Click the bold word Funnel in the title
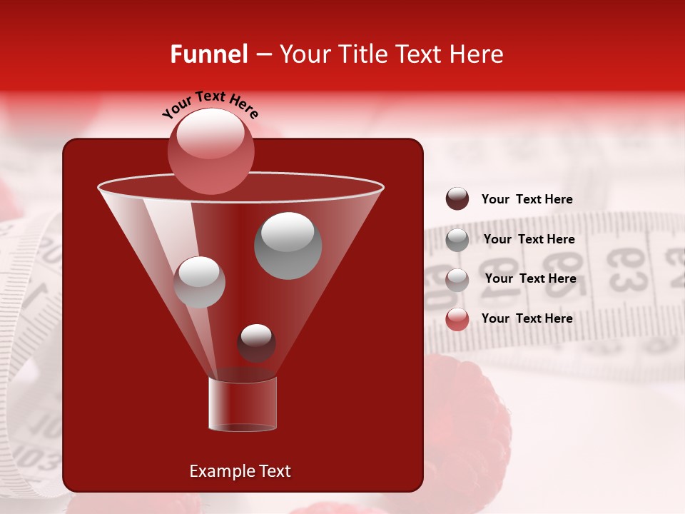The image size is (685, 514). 208,54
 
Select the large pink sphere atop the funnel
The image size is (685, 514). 211,151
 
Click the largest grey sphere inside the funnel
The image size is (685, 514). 288,246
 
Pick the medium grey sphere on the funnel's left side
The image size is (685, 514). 199,282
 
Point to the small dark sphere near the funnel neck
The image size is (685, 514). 256,343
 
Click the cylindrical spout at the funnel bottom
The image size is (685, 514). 243,404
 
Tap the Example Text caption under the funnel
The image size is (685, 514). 240,471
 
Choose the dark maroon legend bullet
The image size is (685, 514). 457,199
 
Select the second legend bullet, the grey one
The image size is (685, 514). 457,240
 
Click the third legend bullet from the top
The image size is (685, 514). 457,280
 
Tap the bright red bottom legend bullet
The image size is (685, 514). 457,319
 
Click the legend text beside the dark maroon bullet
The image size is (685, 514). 527,200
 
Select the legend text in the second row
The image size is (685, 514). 529,239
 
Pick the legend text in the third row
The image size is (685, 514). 530,278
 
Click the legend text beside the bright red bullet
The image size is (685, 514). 527,318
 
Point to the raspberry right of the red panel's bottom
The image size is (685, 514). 467,421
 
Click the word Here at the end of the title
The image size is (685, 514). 477,54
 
